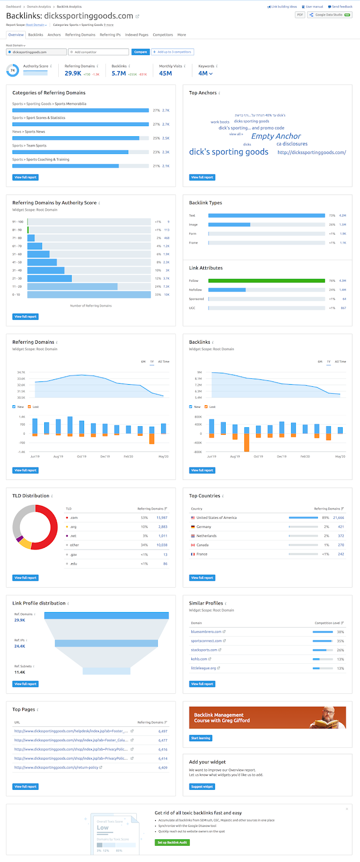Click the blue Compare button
(x=140, y=52)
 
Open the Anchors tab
(x=54, y=34)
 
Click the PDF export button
(x=300, y=15)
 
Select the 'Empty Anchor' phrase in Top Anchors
(x=276, y=136)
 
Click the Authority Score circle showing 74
(x=12, y=71)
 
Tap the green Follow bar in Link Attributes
(x=266, y=281)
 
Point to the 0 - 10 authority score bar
(x=89, y=295)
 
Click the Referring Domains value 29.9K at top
(x=73, y=73)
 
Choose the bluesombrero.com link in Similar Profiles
(x=206, y=631)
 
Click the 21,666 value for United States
(x=338, y=518)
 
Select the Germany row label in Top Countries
(x=204, y=527)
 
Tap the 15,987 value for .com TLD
(x=162, y=518)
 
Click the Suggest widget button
(x=202, y=787)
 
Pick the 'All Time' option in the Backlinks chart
(x=340, y=362)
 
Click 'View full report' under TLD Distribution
(x=25, y=578)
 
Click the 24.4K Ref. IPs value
(x=19, y=646)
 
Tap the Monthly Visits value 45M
(x=165, y=73)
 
